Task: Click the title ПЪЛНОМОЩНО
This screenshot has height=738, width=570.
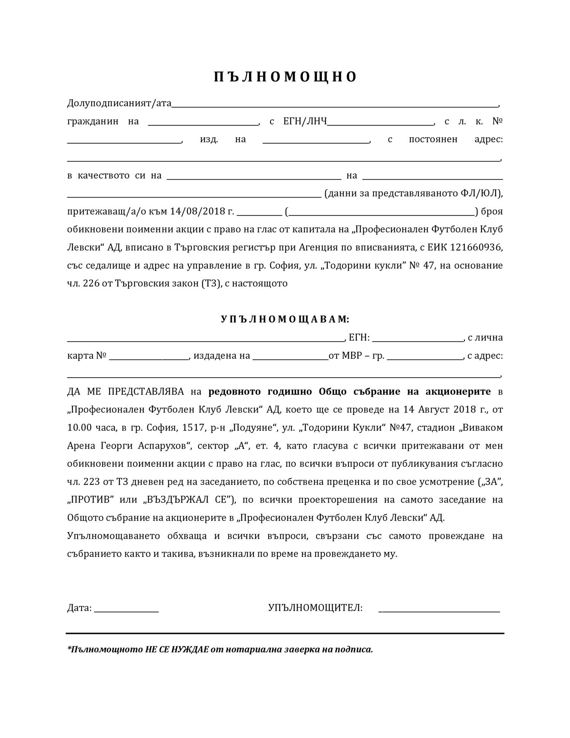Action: point(285,77)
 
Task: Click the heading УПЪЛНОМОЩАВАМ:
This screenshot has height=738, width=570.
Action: point(285,319)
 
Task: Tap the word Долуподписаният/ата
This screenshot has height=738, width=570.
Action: point(119,103)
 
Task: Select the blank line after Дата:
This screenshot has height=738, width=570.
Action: point(126,609)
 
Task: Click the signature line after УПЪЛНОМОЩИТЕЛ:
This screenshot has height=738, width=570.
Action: point(439,609)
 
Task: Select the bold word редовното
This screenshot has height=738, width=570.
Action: point(234,392)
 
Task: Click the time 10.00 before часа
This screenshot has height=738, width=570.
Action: point(79,428)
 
